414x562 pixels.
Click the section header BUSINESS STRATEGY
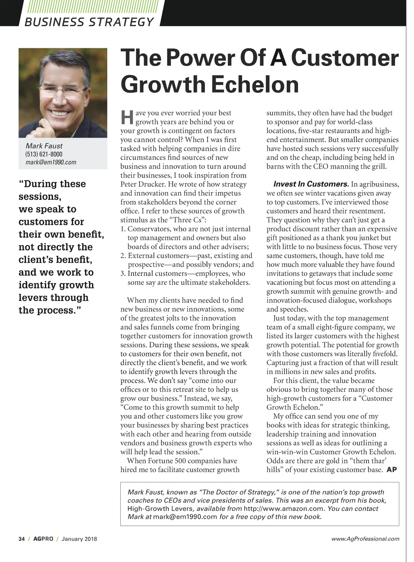click(89, 22)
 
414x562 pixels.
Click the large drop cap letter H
click(127, 117)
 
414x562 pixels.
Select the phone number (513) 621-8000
click(44, 154)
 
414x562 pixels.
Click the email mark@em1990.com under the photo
click(51, 162)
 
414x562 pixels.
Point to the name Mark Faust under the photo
click(44, 146)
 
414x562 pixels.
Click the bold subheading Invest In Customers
click(311, 184)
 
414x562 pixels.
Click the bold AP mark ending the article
click(392, 469)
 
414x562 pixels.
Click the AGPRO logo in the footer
click(43, 539)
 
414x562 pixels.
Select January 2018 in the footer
click(79, 539)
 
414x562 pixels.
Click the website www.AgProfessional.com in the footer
click(365, 539)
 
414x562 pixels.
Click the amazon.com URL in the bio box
click(284, 509)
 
